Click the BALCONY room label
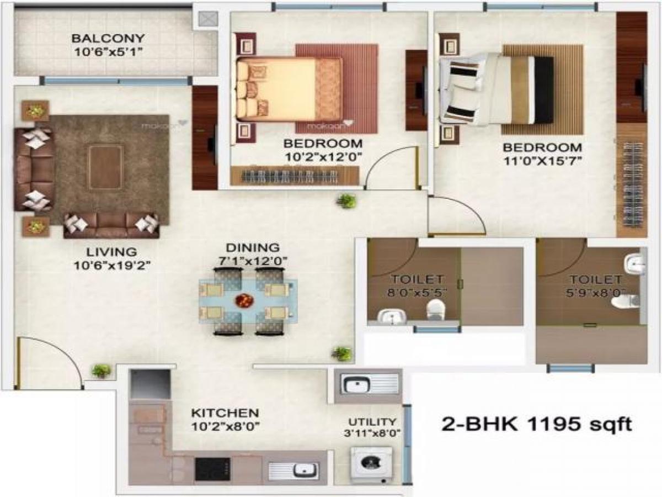[x=108, y=39]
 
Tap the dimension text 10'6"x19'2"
[x=113, y=266]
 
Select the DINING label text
[x=252, y=248]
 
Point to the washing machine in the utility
[x=371, y=465]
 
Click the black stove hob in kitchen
[x=212, y=469]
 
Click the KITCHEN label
[x=225, y=413]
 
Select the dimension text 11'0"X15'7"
[x=542, y=162]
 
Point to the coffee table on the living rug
[x=104, y=167]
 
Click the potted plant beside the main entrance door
[x=101, y=371]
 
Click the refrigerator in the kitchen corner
[x=150, y=384]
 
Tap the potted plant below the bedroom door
[x=346, y=201]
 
